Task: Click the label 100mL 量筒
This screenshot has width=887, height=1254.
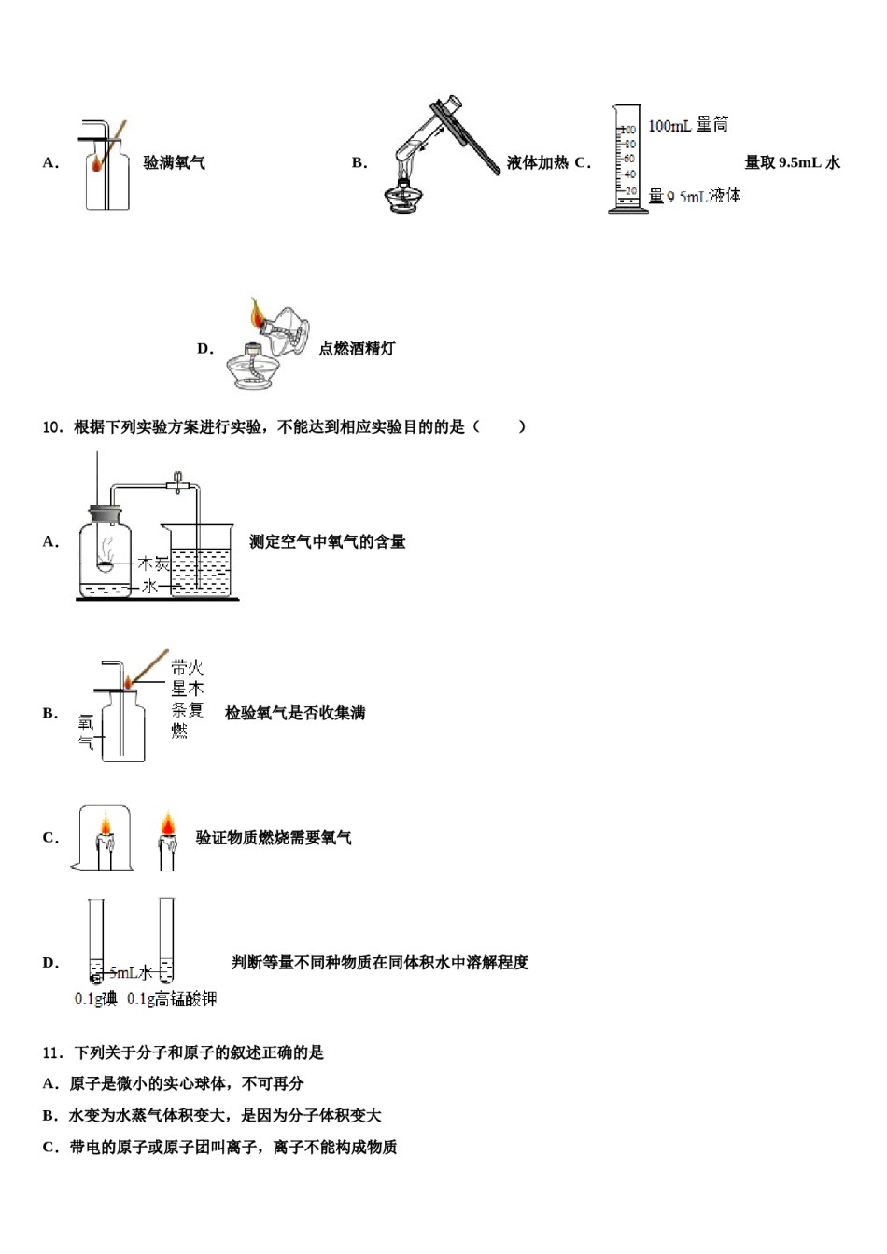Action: pos(687,125)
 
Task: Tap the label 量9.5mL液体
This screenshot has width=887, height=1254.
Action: pos(694,196)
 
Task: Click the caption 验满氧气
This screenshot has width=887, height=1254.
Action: pos(174,163)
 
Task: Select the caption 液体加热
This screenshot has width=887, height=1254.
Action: pos(537,163)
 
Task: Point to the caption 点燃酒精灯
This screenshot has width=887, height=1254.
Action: pos(357,349)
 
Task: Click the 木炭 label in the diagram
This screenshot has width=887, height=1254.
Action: pos(153,564)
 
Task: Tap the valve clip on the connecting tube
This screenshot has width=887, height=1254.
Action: pos(177,483)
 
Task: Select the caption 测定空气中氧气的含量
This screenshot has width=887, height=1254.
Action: pos(327,542)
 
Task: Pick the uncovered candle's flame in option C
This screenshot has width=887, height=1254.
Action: pos(167,825)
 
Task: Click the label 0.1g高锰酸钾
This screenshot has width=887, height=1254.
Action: pos(172,999)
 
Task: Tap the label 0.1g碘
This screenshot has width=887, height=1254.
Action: pos(95,999)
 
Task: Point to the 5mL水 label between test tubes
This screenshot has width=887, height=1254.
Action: pos(130,973)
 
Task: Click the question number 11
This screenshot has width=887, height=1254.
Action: pos(51,1052)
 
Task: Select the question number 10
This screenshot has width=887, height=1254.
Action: pos(51,427)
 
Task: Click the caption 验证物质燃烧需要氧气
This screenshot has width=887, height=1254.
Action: pos(274,838)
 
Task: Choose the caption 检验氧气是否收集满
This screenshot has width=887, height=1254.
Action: pos(295,714)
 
